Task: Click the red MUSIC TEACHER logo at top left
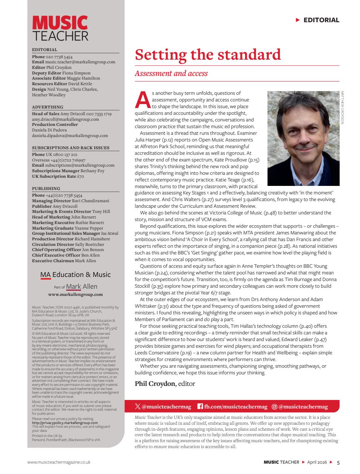pos(60,28)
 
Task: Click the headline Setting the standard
pos(208,54)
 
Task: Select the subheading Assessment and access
pos(171,73)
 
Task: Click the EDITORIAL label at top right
pos(321,20)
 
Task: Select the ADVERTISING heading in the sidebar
pos(47,107)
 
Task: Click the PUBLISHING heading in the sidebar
pos(46,188)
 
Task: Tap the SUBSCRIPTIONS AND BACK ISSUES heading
pos(70,148)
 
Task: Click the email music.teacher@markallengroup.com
pos(80,62)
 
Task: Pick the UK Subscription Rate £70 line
pos(58,176)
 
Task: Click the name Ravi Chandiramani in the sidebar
pos(91,201)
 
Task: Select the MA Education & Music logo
pos(75,275)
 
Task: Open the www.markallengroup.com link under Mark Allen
pos(75,294)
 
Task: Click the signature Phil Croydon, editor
pos(165,383)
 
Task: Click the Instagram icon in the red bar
pos(274,407)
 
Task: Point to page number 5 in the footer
pos(338,462)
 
